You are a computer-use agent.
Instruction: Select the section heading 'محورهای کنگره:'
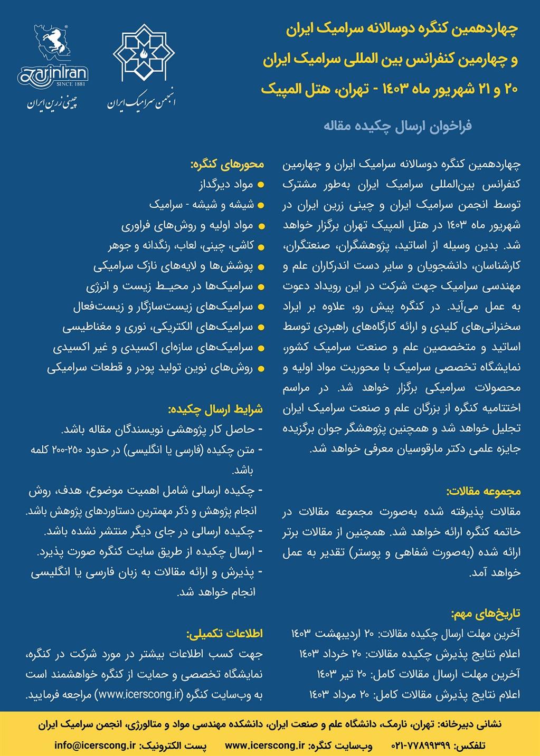tap(227, 165)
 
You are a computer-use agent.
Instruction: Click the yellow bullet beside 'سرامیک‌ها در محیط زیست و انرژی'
tap(260, 286)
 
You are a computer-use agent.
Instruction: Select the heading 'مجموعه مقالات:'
tap(484, 492)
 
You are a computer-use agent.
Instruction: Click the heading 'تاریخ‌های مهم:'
tap(486, 614)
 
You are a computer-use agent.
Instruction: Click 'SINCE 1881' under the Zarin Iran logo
tap(71, 83)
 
